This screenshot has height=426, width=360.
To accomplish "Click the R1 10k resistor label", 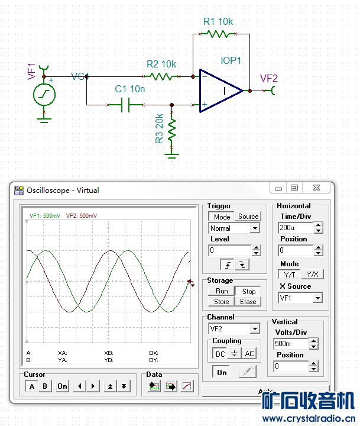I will point(218,22).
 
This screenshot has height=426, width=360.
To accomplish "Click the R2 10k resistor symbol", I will point(161,76).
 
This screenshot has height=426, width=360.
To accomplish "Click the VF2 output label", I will point(269,78).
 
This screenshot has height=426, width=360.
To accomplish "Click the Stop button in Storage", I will point(249,291).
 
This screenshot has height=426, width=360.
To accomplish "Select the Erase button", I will point(248,302).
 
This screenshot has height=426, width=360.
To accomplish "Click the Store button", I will point(222,302).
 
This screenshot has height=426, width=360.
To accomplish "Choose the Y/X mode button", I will point(312,275).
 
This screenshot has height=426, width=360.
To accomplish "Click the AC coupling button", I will point(249,353).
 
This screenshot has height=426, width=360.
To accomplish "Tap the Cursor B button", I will point(44,386).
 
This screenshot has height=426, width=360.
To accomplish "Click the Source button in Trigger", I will point(248,217).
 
